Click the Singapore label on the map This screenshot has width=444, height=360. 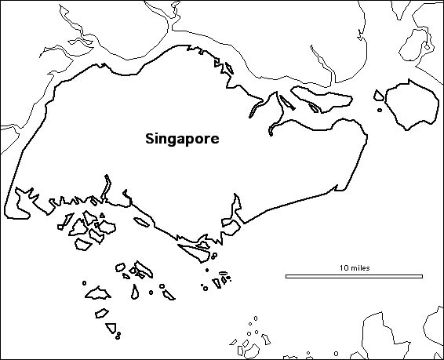click(182, 139)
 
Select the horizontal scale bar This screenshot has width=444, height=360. click(355, 276)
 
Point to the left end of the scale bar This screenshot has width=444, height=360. click(286, 276)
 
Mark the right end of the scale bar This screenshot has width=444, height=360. click(424, 276)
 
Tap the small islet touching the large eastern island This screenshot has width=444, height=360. click(379, 96)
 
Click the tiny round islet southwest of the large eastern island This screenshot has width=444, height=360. click(380, 110)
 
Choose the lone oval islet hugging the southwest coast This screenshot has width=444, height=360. click(141, 222)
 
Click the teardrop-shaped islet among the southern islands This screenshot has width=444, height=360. click(135, 292)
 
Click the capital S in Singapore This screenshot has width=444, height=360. click(150, 139)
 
